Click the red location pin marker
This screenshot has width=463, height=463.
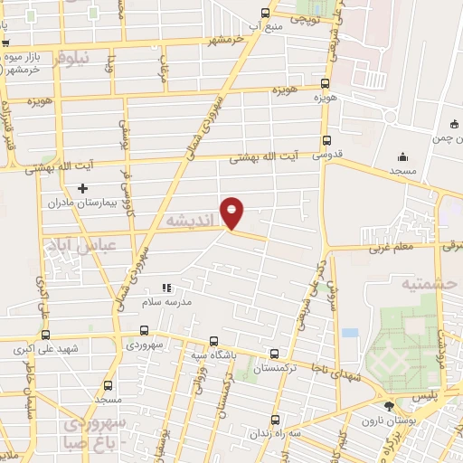[232, 212]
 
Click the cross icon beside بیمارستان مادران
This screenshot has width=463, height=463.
[83, 189]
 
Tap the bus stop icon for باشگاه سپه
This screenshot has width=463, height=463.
[213, 341]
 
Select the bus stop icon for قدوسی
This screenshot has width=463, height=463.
[327, 140]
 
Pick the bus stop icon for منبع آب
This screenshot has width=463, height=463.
[265, 13]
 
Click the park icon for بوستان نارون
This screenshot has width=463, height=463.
[389, 406]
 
